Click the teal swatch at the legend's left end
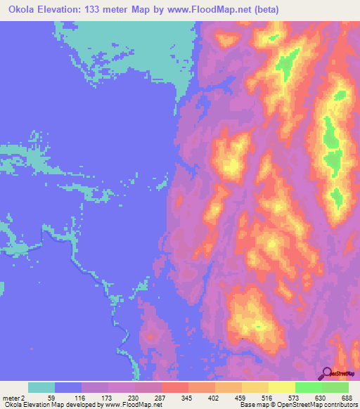(x=41, y=387)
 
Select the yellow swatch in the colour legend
(x=282, y=387)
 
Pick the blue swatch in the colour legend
(x=68, y=387)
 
